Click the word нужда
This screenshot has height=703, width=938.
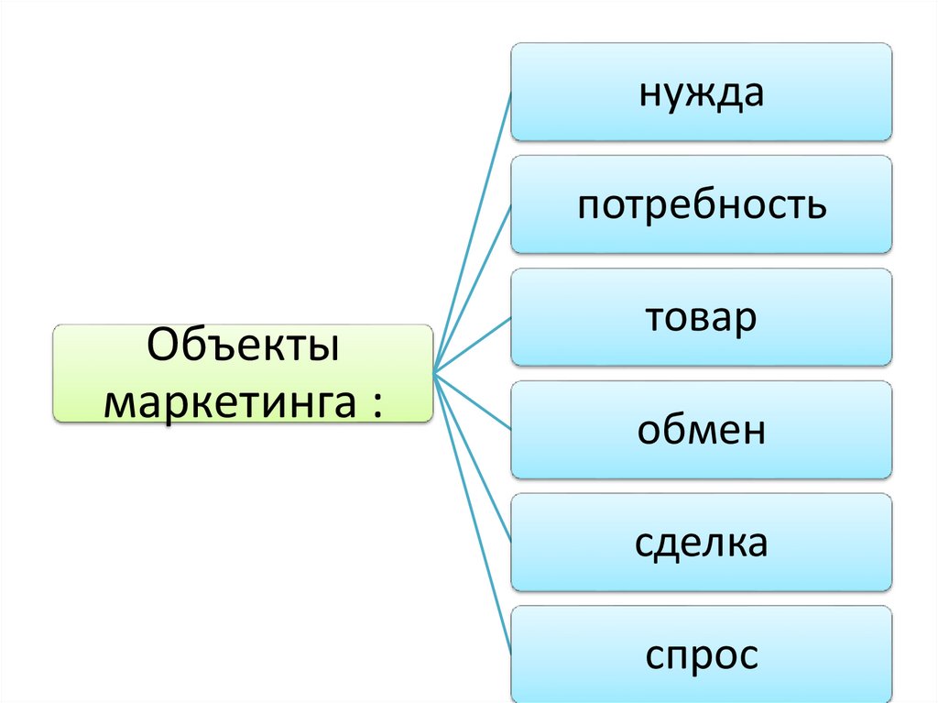701,93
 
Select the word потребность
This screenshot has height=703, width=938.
701,206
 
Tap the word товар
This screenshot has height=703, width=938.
701,318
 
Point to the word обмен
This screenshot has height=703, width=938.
701,431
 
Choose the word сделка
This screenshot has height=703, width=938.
701,544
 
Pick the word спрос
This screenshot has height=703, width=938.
701,656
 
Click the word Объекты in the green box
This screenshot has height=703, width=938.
243,350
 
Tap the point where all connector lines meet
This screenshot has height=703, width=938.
432,373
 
